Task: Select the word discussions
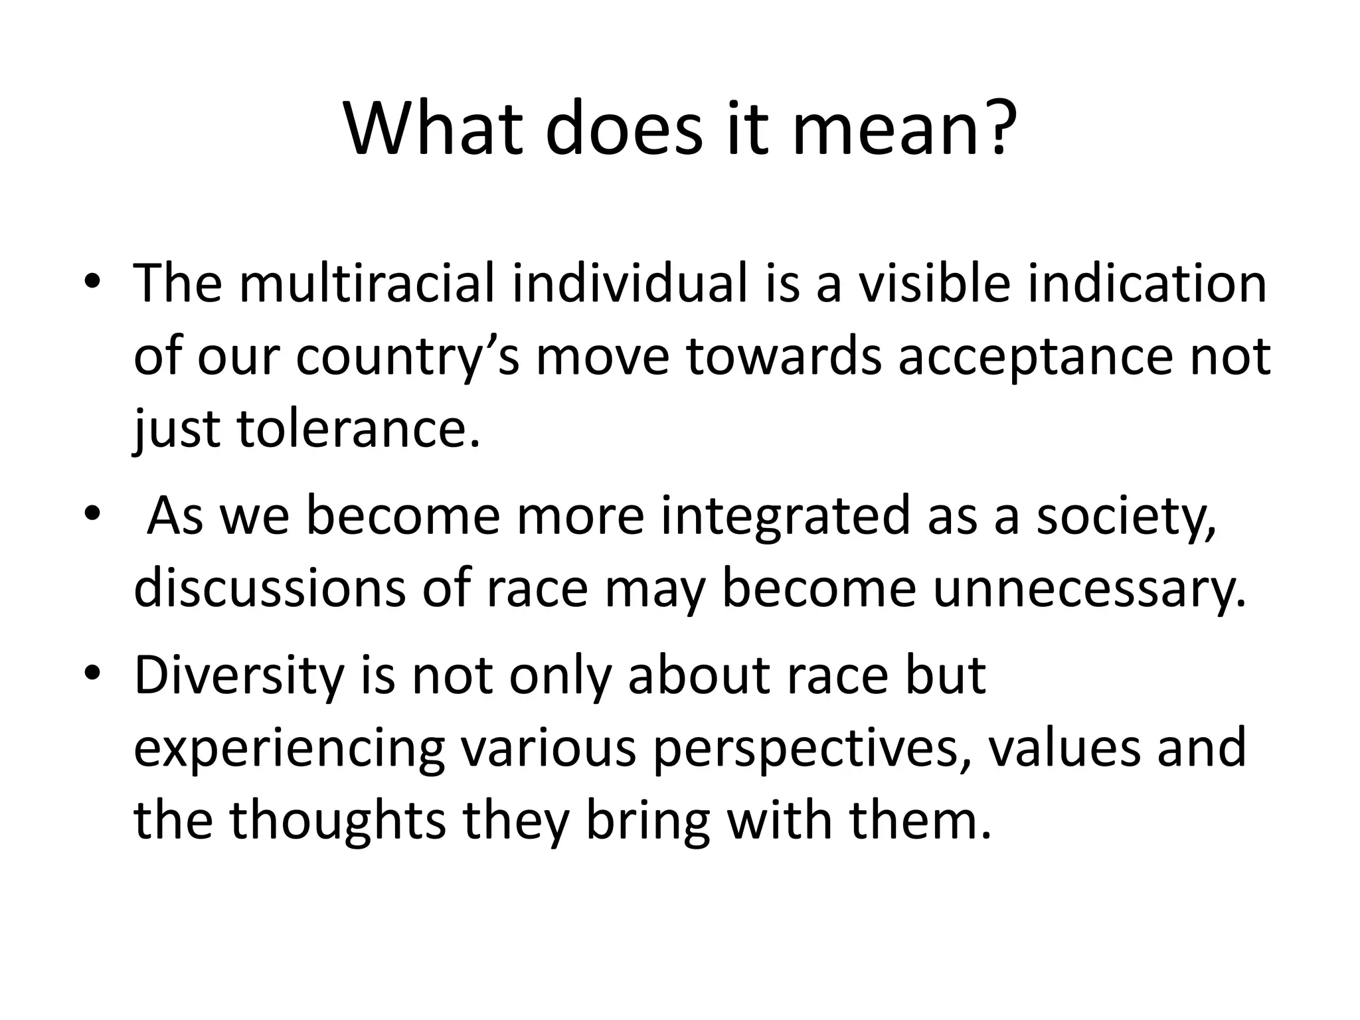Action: tap(268, 589)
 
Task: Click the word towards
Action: tap(784, 357)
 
